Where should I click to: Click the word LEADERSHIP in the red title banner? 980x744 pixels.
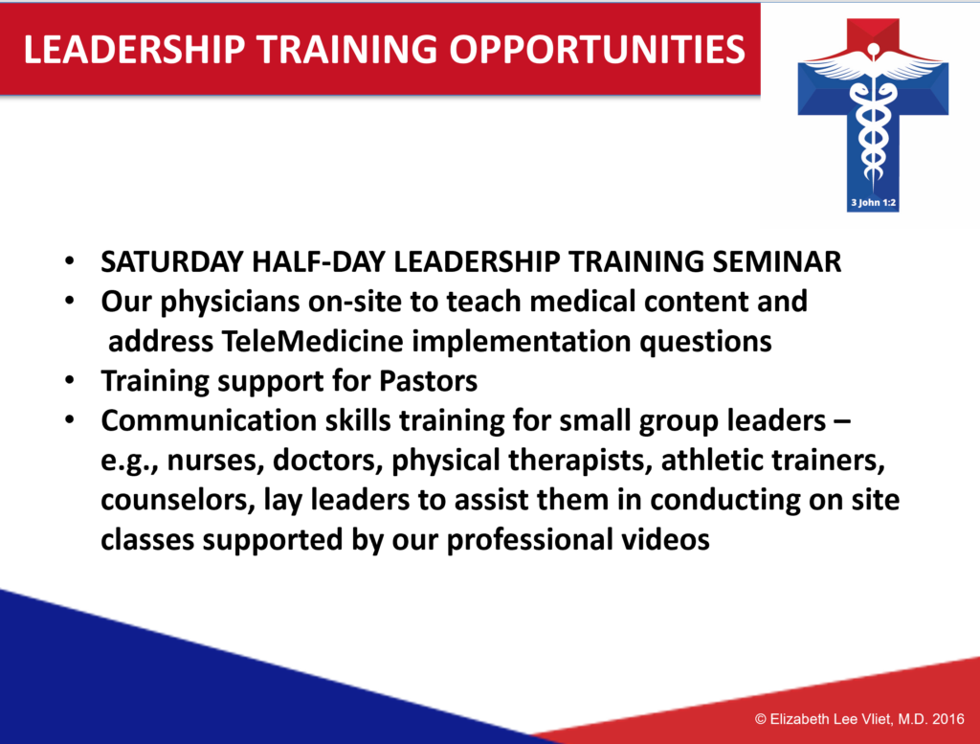pyautogui.click(x=134, y=50)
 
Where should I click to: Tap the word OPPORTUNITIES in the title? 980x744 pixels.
pyautogui.click(x=597, y=50)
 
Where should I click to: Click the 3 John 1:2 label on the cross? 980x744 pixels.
pyautogui.click(x=873, y=203)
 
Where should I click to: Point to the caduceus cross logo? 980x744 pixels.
pyautogui.click(x=873, y=115)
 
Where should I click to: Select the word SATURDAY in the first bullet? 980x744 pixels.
pyautogui.click(x=172, y=262)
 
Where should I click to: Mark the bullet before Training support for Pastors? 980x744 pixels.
pyautogui.click(x=70, y=379)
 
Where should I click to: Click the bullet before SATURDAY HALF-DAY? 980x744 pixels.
pyautogui.click(x=70, y=260)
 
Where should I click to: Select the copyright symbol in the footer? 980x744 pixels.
pyautogui.click(x=761, y=719)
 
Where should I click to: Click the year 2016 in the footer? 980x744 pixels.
pyautogui.click(x=948, y=719)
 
